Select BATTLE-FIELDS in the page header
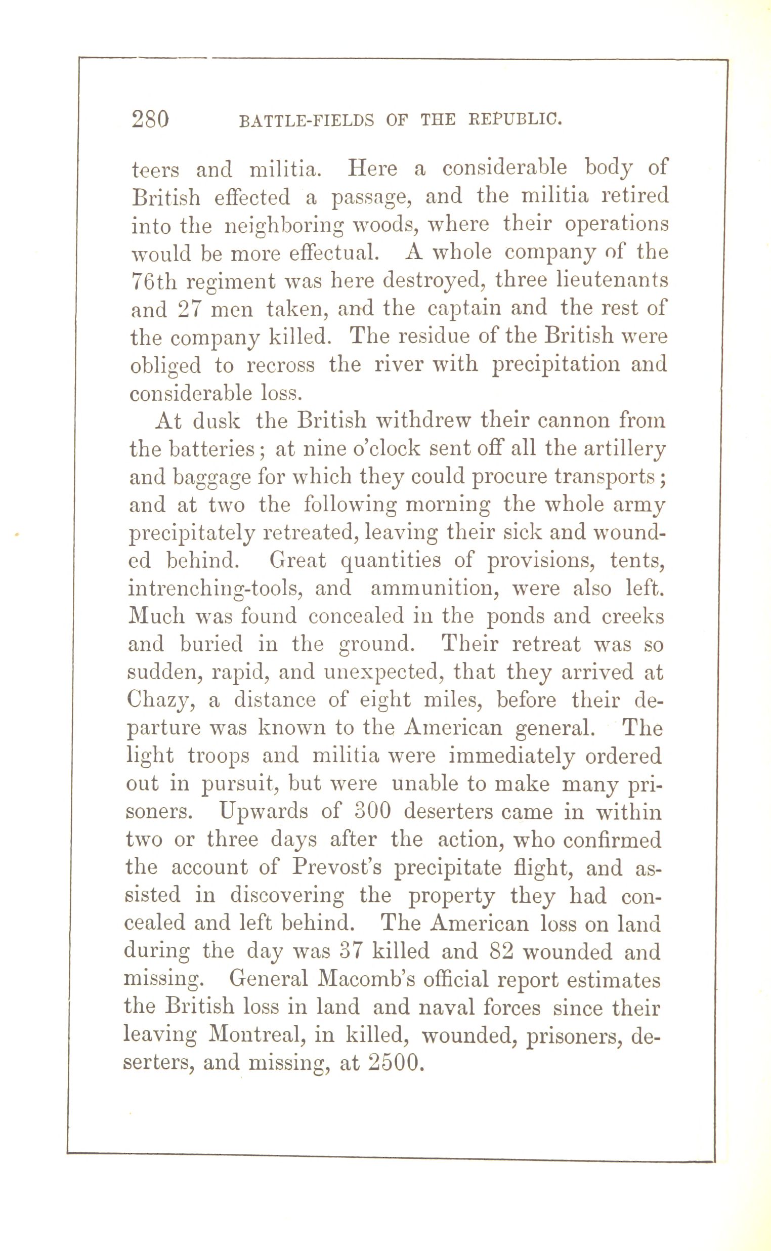pyautogui.click(x=307, y=121)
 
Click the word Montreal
pyautogui.click(x=256, y=1035)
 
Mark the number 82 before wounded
pyautogui.click(x=500, y=951)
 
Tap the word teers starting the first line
pyautogui.click(x=155, y=170)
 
